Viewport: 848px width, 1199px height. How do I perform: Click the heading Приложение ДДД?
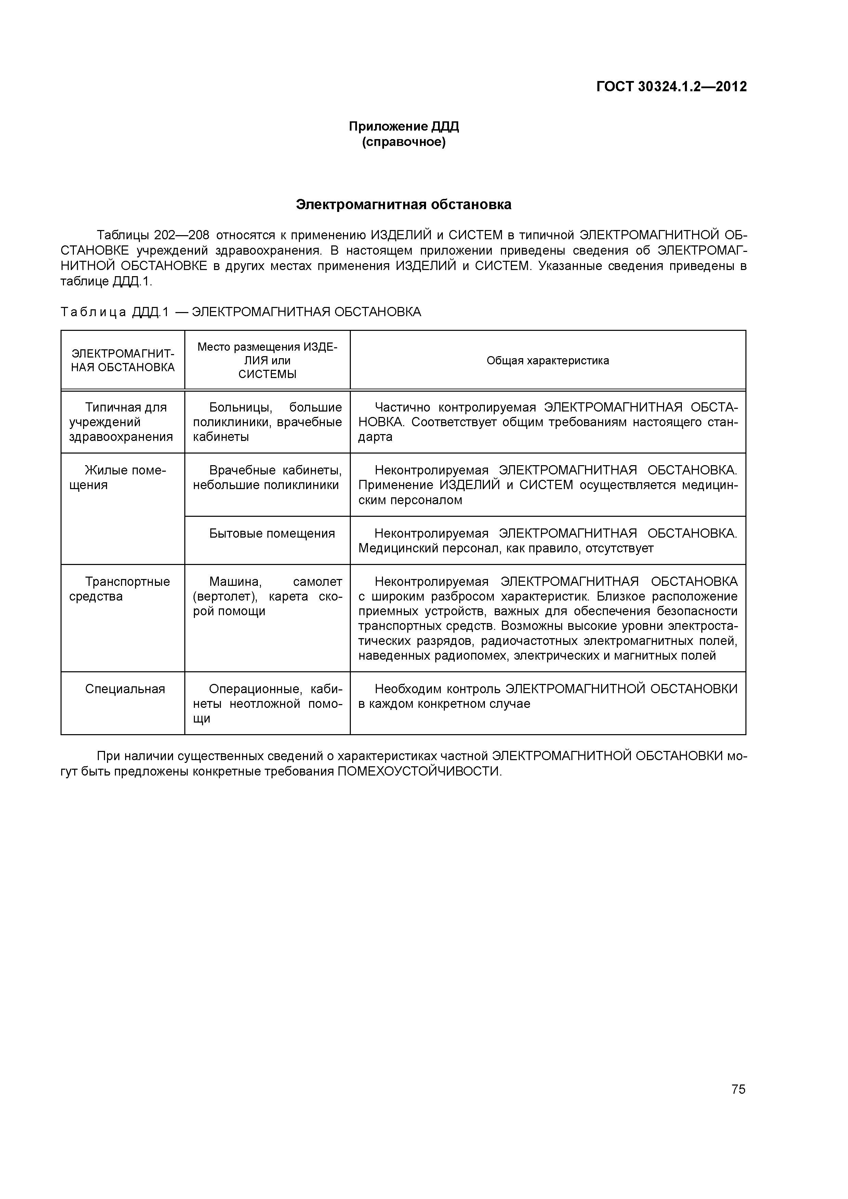click(x=403, y=126)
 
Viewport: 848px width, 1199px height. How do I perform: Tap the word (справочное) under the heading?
click(x=403, y=142)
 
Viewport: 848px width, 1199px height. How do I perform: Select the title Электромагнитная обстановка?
click(x=403, y=205)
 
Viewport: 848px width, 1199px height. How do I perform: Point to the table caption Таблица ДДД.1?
click(x=115, y=312)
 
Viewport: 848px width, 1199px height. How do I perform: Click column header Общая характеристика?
click(x=547, y=360)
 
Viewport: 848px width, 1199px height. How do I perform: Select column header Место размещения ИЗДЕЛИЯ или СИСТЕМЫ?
click(x=267, y=360)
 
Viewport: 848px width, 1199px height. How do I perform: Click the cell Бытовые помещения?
click(x=272, y=533)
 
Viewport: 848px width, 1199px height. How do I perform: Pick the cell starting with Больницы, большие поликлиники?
click(x=267, y=422)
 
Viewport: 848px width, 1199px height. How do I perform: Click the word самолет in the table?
click(x=317, y=582)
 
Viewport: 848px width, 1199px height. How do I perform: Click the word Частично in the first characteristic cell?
click(x=402, y=407)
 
